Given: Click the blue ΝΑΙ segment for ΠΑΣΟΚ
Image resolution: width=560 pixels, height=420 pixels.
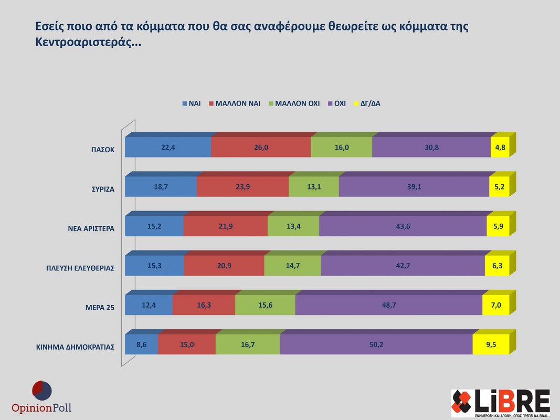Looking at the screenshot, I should tap(168, 148).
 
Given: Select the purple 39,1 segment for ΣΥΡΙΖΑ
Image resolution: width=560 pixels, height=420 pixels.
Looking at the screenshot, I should tap(414, 187).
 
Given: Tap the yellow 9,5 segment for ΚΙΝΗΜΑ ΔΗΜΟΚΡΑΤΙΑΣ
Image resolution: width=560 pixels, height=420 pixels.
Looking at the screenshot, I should tap(491, 344).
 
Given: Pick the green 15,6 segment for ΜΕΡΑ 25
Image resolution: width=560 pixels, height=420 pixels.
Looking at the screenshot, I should tap(265, 305).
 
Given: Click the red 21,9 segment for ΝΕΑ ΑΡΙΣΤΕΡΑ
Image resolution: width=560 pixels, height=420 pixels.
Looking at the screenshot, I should tap(226, 226).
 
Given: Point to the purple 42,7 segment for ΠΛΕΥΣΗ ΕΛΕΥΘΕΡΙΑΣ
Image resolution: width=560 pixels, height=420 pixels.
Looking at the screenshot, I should tap(403, 266).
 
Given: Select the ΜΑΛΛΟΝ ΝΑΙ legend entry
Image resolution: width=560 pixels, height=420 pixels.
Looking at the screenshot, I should tap(235, 103).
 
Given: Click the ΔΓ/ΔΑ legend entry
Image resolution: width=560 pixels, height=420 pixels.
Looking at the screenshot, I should tap(367, 103).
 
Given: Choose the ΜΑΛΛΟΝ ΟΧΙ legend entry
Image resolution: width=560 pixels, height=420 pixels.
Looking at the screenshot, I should tap(293, 103).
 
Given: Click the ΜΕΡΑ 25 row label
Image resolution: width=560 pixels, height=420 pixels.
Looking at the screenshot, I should tap(100, 308).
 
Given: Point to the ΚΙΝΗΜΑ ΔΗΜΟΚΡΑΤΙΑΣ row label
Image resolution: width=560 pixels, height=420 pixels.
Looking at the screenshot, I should tap(75, 347).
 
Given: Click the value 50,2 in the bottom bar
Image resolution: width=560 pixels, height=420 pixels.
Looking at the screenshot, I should tap(376, 344).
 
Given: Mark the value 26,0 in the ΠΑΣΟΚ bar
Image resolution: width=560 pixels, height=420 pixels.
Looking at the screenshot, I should tap(260, 148).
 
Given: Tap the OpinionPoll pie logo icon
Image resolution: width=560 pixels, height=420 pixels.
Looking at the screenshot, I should tap(41, 391).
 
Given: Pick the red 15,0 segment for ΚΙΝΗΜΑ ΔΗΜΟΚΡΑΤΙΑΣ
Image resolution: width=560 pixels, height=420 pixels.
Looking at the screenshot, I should tap(186, 344).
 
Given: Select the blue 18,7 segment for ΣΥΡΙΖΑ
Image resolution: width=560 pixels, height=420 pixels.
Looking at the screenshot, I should tap(161, 187).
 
